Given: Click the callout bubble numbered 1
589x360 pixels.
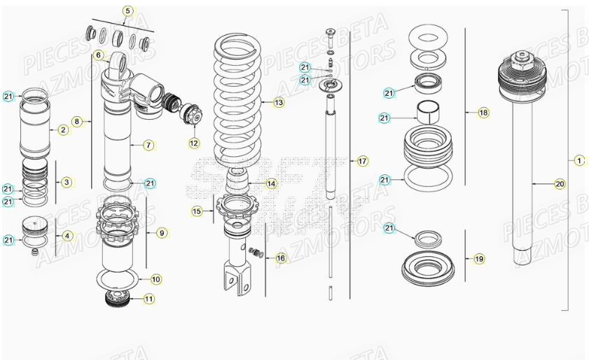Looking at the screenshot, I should [x=578, y=160].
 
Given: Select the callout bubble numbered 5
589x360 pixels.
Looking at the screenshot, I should [x=127, y=11].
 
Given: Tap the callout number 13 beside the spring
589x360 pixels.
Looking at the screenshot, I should [x=279, y=102].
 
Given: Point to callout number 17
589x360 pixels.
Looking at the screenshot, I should [x=362, y=161].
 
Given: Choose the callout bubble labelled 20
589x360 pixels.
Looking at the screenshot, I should [x=560, y=184].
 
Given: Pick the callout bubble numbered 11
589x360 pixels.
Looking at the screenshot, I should [x=149, y=299].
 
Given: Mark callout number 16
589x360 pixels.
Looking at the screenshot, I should [x=280, y=258].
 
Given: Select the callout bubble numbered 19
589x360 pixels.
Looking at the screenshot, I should [x=479, y=258].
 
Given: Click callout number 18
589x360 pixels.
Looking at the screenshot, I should [x=483, y=112].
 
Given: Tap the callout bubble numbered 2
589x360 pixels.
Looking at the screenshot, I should [x=62, y=130].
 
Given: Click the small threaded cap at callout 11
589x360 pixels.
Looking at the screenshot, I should [x=113, y=300].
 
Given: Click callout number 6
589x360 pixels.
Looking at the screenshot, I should [x=98, y=55].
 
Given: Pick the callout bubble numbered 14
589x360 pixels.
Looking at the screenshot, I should [x=271, y=184].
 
